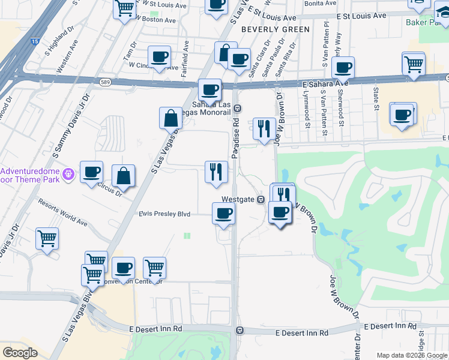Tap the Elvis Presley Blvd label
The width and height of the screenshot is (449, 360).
[164, 214]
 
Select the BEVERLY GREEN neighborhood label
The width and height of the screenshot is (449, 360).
[276, 29]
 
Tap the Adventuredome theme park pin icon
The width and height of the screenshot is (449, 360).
[69, 174]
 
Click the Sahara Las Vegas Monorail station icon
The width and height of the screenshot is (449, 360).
[238, 109]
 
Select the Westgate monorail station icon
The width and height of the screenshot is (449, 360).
[261, 199]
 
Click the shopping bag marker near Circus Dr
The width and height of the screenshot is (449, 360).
[123, 176]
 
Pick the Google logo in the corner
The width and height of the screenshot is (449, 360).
[20, 353]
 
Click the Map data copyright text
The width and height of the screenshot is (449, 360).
[412, 355]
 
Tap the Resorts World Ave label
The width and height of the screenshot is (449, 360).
[63, 212]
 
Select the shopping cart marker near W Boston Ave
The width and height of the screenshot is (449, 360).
[124, 9]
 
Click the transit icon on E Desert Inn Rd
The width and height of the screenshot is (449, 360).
[240, 330]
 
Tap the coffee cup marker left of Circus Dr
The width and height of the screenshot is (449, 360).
[91, 172]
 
